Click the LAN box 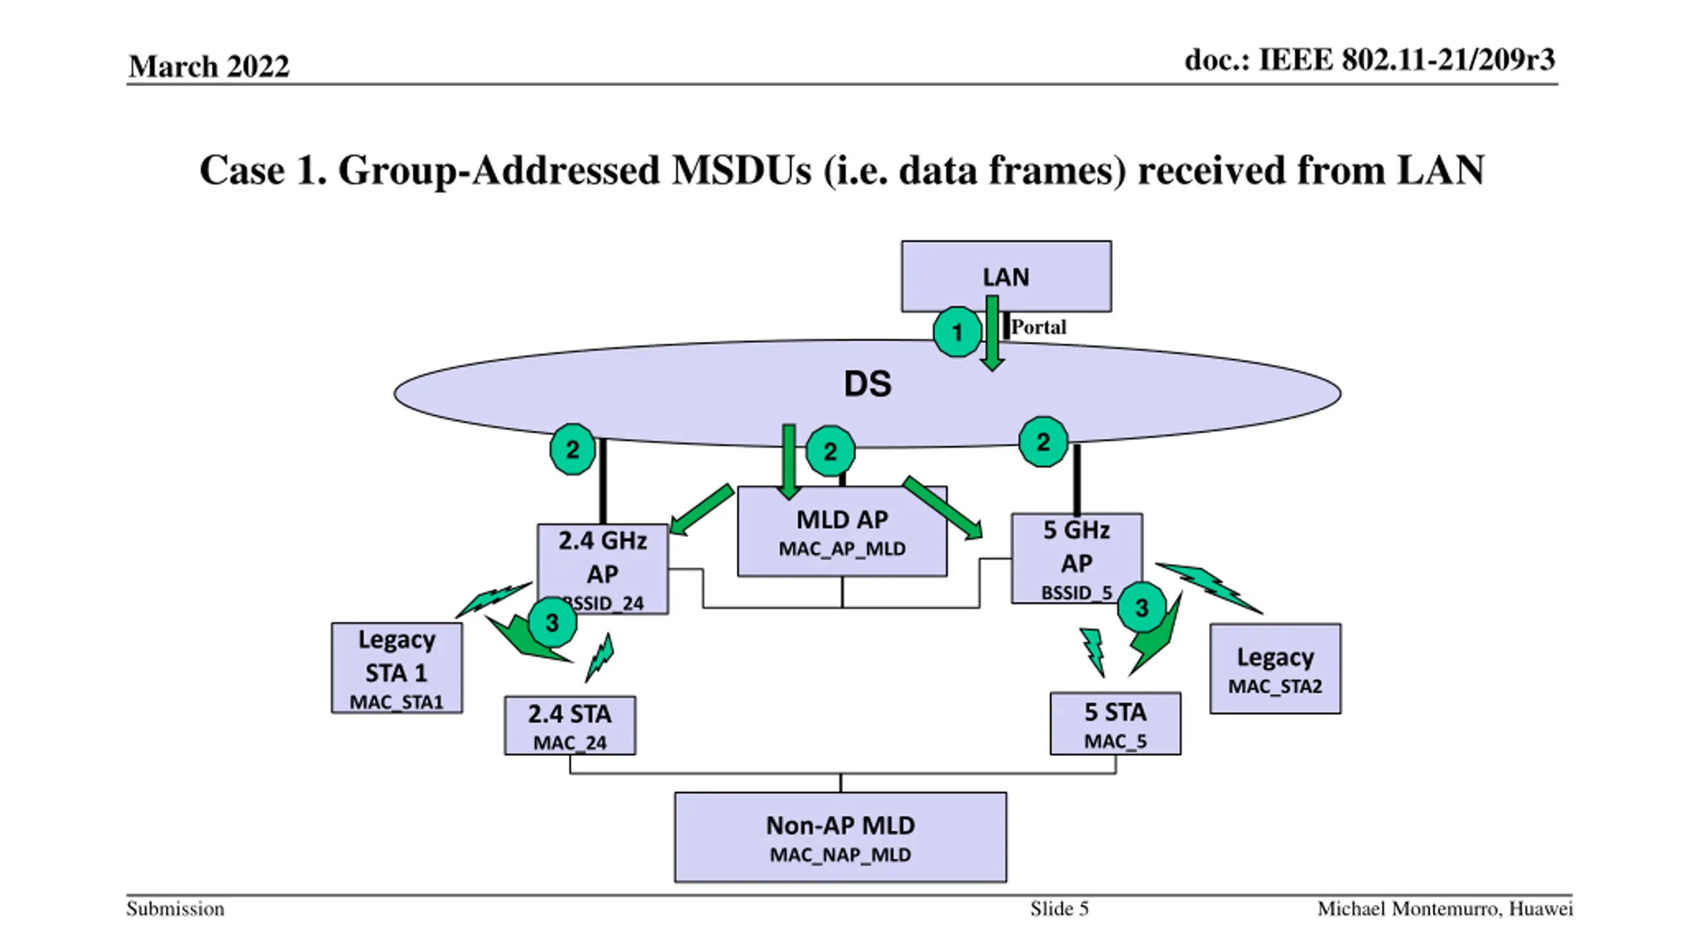click(x=1006, y=276)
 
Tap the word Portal click(x=1038, y=327)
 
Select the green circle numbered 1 click(x=957, y=332)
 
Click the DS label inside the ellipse click(x=868, y=384)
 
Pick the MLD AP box click(x=842, y=531)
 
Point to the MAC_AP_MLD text click(x=842, y=548)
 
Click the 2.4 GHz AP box click(x=602, y=569)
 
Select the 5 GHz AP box click(x=1076, y=558)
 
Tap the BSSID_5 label click(x=1076, y=592)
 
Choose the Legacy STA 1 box click(x=396, y=668)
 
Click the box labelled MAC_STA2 click(x=1275, y=668)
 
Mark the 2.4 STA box click(x=570, y=725)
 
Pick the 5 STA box click(x=1115, y=724)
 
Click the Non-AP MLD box click(x=841, y=837)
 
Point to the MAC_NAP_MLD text click(x=841, y=855)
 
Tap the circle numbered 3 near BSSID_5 click(x=1141, y=608)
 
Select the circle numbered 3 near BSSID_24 click(x=552, y=622)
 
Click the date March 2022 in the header click(x=209, y=66)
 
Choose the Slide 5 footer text click(x=1059, y=909)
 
